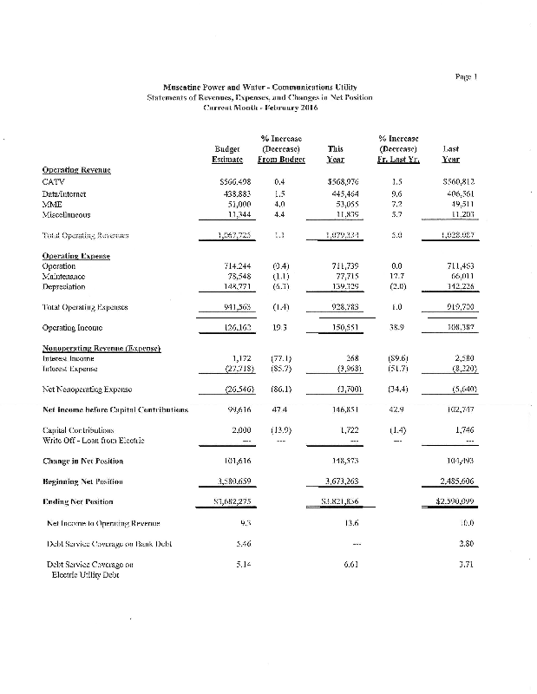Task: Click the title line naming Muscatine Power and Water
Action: [x=259, y=87]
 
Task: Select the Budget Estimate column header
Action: [x=227, y=154]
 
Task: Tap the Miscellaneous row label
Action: [x=68, y=213]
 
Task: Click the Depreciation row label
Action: [x=65, y=285]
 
